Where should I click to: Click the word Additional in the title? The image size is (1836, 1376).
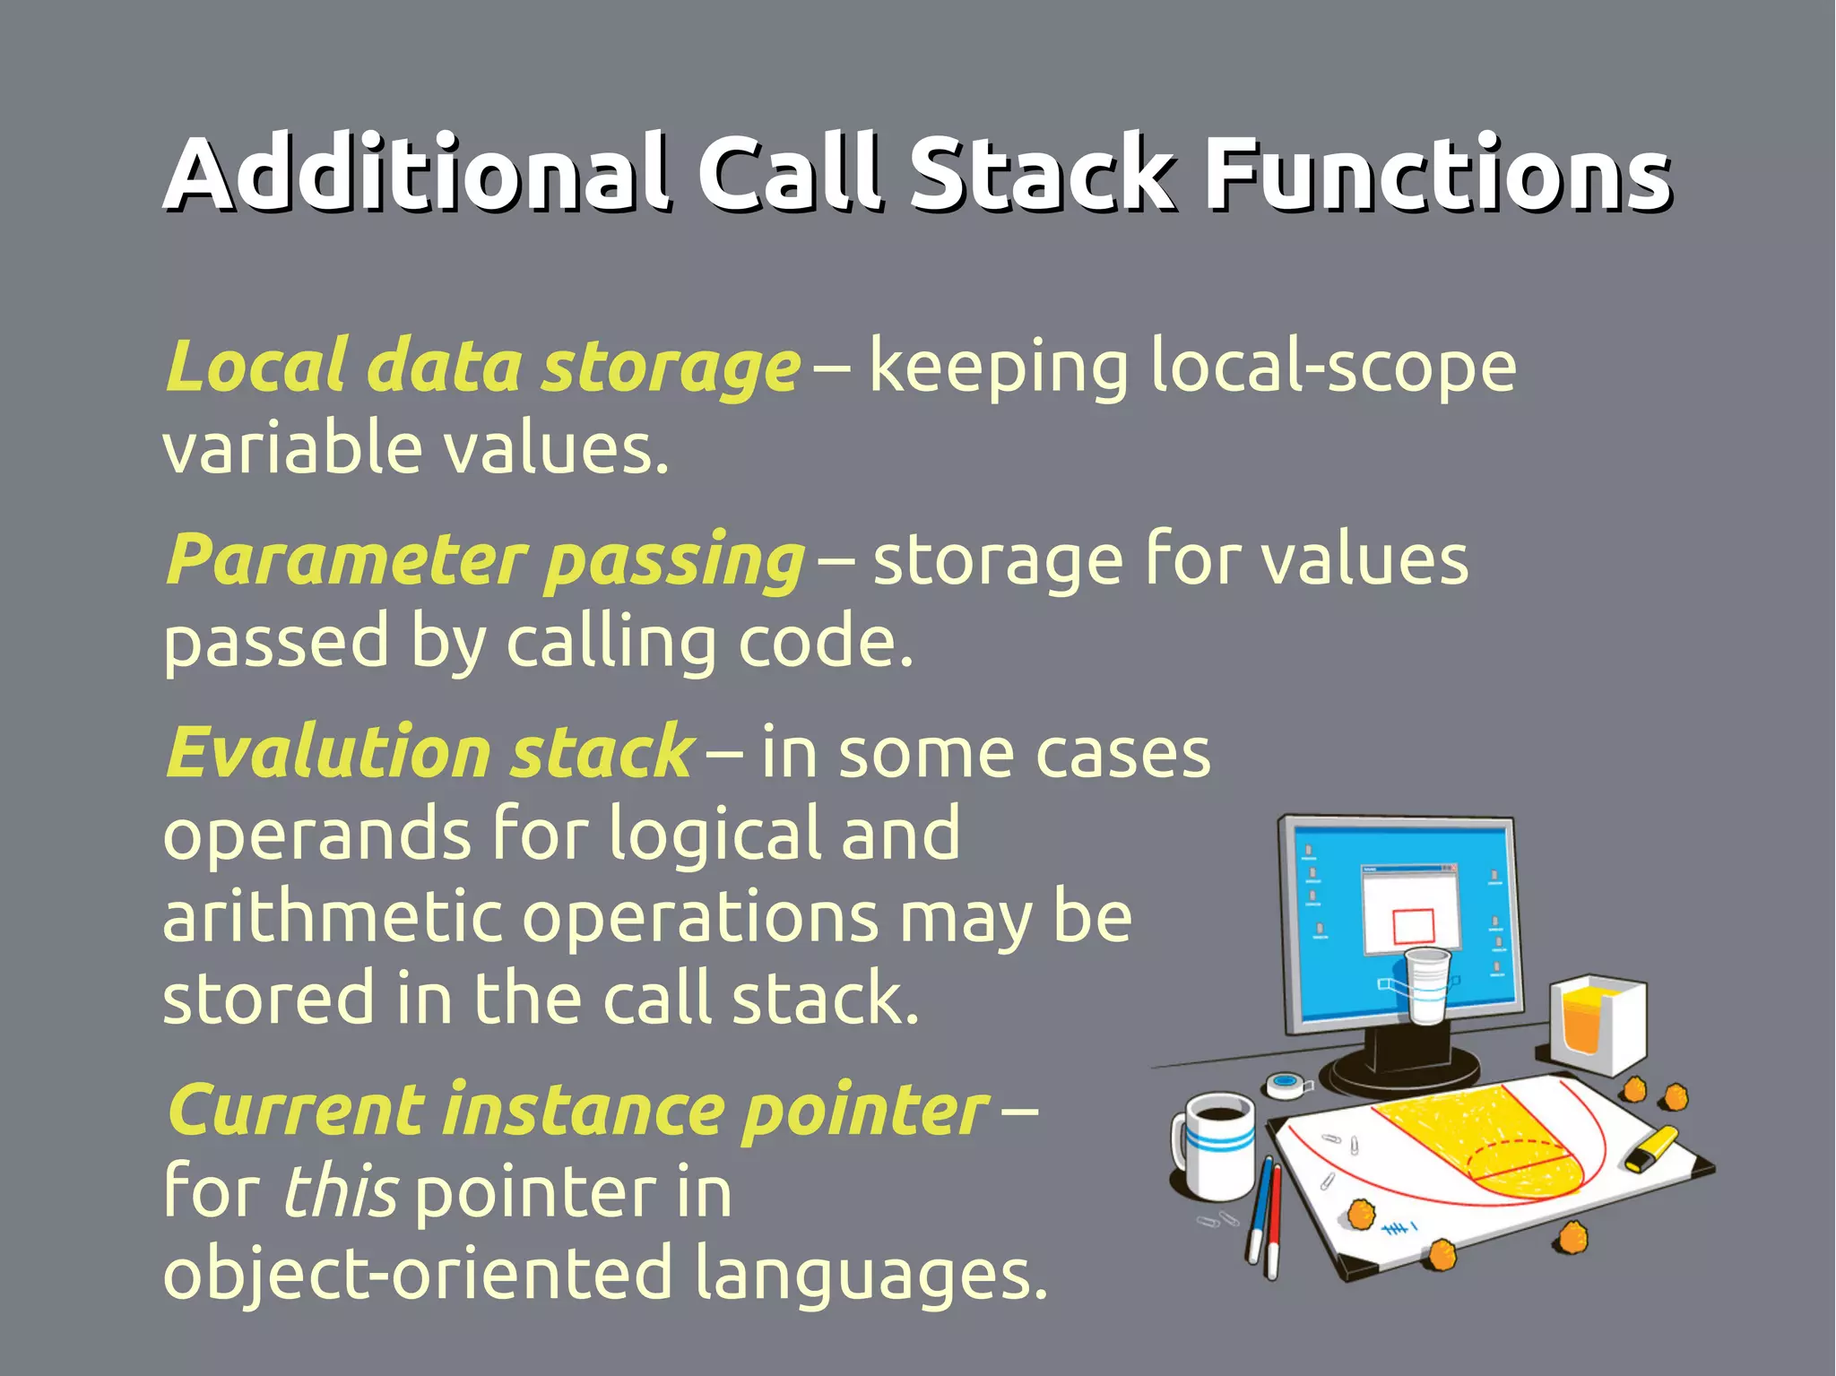tap(417, 172)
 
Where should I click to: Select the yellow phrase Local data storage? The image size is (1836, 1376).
tap(482, 368)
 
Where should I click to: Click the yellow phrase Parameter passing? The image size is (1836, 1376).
tap(485, 561)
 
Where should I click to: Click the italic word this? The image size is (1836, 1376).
tap(340, 1193)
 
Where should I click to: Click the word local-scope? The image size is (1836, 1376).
tap(1333, 368)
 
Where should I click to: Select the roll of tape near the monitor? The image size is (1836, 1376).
tap(1286, 1085)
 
